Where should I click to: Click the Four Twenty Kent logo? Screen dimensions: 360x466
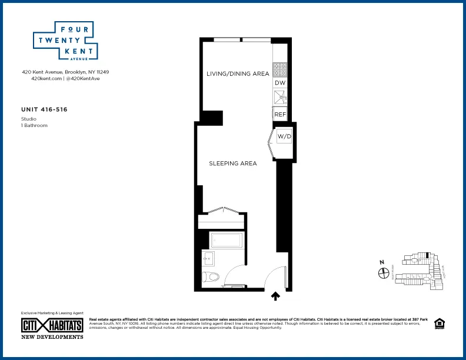(x=64, y=41)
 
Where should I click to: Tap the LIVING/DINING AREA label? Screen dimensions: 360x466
(x=237, y=74)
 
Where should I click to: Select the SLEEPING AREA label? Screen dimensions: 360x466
(x=233, y=164)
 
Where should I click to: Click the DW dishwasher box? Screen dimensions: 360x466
(x=279, y=84)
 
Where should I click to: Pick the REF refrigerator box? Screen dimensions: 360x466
(x=279, y=114)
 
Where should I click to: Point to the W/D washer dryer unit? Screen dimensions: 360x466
(x=284, y=137)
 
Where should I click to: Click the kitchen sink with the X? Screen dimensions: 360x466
(x=279, y=98)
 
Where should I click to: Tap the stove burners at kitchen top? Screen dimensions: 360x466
(x=279, y=70)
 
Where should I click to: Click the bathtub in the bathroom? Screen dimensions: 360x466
(x=225, y=241)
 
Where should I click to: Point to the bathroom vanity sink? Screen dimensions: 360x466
(x=208, y=257)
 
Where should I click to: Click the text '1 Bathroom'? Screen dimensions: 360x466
(x=34, y=125)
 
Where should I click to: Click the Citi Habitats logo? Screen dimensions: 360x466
(x=52, y=325)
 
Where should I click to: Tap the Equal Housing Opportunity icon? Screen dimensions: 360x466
(x=438, y=324)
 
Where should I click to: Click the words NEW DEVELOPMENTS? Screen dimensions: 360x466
(x=52, y=337)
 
